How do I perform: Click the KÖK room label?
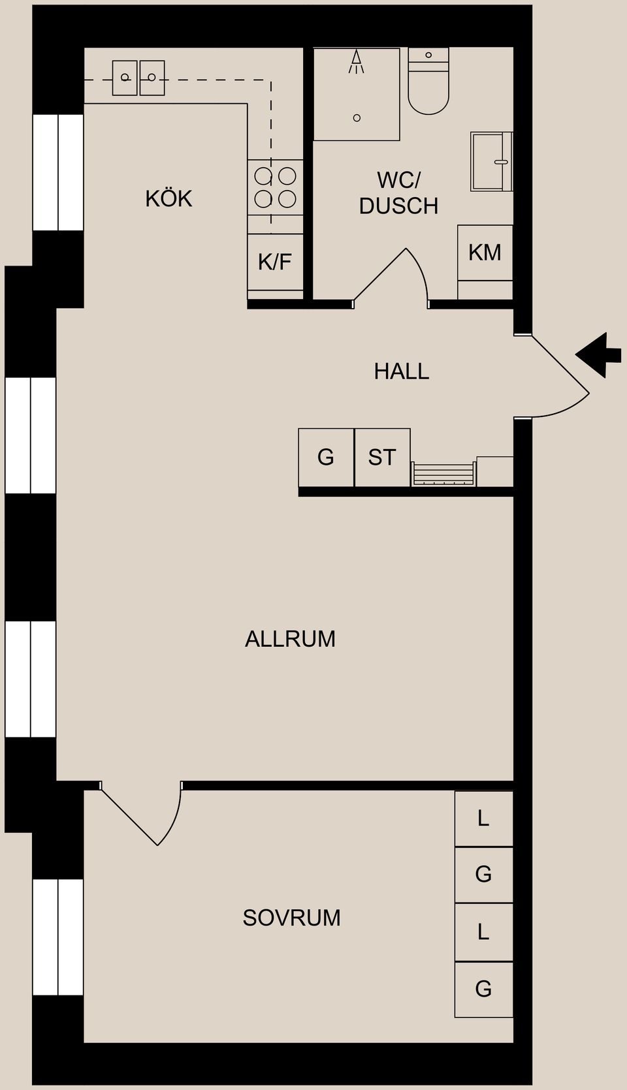(x=169, y=198)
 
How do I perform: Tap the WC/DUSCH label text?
(x=398, y=193)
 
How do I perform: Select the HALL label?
(x=401, y=371)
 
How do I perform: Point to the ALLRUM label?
(x=290, y=638)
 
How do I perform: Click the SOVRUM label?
(x=291, y=918)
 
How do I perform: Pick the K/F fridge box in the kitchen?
(x=275, y=262)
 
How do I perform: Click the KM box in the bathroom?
(x=485, y=253)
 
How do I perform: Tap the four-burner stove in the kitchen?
(x=275, y=187)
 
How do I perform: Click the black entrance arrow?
(x=599, y=354)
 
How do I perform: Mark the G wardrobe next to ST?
(x=326, y=457)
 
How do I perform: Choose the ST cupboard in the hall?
(x=382, y=457)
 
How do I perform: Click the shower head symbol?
(x=356, y=62)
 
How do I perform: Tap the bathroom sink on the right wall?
(x=491, y=161)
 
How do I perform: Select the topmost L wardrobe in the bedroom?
(x=483, y=818)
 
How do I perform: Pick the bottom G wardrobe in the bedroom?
(x=483, y=989)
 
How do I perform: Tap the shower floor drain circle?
(x=357, y=117)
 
